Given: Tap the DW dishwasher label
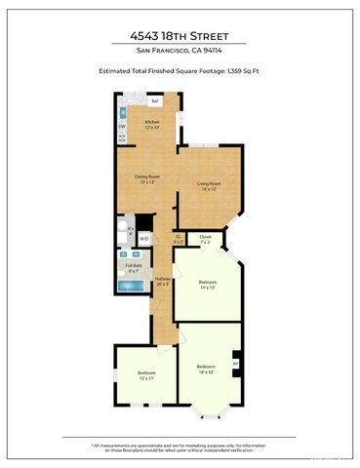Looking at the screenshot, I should click(x=122, y=127).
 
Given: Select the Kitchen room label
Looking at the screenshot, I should click(x=152, y=123).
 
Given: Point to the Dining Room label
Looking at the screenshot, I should click(x=146, y=178).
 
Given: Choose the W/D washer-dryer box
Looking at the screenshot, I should click(x=143, y=238).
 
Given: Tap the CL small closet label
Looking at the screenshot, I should click(x=179, y=238).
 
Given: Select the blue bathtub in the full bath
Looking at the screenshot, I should click(x=131, y=287).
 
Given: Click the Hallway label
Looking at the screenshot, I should click(x=163, y=283).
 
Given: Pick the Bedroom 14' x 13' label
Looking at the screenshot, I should click(x=204, y=284).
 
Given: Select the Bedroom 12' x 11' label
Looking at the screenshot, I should click(x=146, y=375).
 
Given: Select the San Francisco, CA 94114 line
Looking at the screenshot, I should click(x=180, y=51).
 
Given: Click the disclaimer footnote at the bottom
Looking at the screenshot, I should click(x=180, y=447).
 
